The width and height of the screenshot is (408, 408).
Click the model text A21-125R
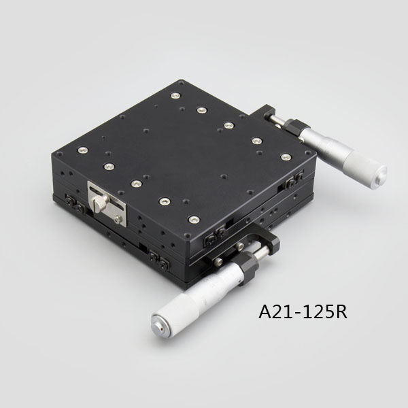pyautogui.click(x=303, y=311)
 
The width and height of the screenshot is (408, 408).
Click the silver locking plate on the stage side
pyautogui.click(x=107, y=203)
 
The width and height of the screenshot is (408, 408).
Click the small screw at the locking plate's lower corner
pyautogui.click(x=118, y=219)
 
